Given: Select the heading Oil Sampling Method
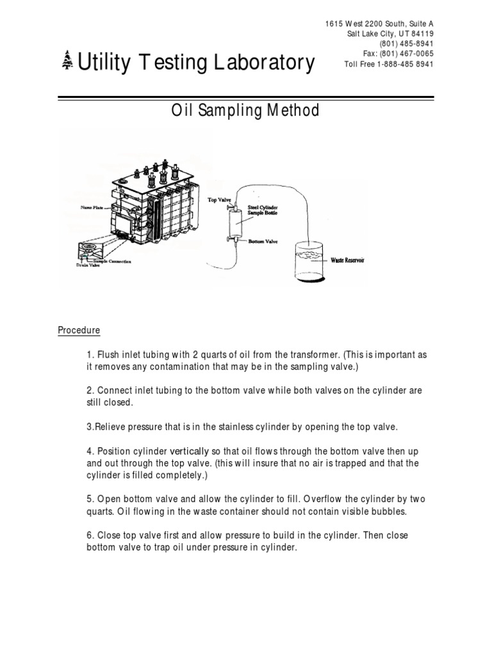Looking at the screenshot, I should pos(245,111).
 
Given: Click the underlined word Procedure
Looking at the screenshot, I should pos(79,331).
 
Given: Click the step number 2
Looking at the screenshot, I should pos(88,391).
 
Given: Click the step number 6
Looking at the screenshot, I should pos(88,535).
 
